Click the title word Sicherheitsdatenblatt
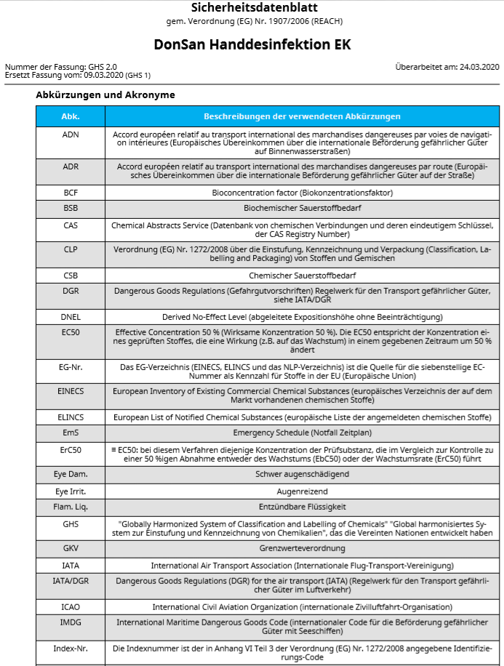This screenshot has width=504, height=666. pyautogui.click(x=252, y=8)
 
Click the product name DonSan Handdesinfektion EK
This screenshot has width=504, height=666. pyautogui.click(x=252, y=44)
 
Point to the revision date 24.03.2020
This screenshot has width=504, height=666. pyautogui.click(x=479, y=67)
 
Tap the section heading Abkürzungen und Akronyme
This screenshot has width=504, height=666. pyautogui.click(x=105, y=95)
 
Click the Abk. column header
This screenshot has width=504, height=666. pyautogui.click(x=71, y=116)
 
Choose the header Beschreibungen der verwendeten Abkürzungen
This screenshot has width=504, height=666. pyautogui.click(x=302, y=116)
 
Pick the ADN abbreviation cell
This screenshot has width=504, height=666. pyautogui.click(x=71, y=135)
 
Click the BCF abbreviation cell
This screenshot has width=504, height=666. pyautogui.click(x=71, y=193)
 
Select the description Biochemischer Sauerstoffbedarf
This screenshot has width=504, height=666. pyautogui.click(x=302, y=208)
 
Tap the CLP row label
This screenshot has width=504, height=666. pyautogui.click(x=71, y=249)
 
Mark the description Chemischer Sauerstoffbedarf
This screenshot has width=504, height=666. pyautogui.click(x=302, y=276)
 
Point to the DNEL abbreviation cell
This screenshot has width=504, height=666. pyautogui.click(x=71, y=317)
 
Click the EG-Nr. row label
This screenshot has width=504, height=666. pyautogui.click(x=71, y=367)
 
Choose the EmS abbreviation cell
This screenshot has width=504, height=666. pyautogui.click(x=71, y=433)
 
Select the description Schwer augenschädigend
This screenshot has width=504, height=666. pyautogui.click(x=302, y=474)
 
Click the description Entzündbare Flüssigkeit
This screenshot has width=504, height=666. pyautogui.click(x=302, y=507)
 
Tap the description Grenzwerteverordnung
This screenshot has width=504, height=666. pyautogui.click(x=302, y=548)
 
